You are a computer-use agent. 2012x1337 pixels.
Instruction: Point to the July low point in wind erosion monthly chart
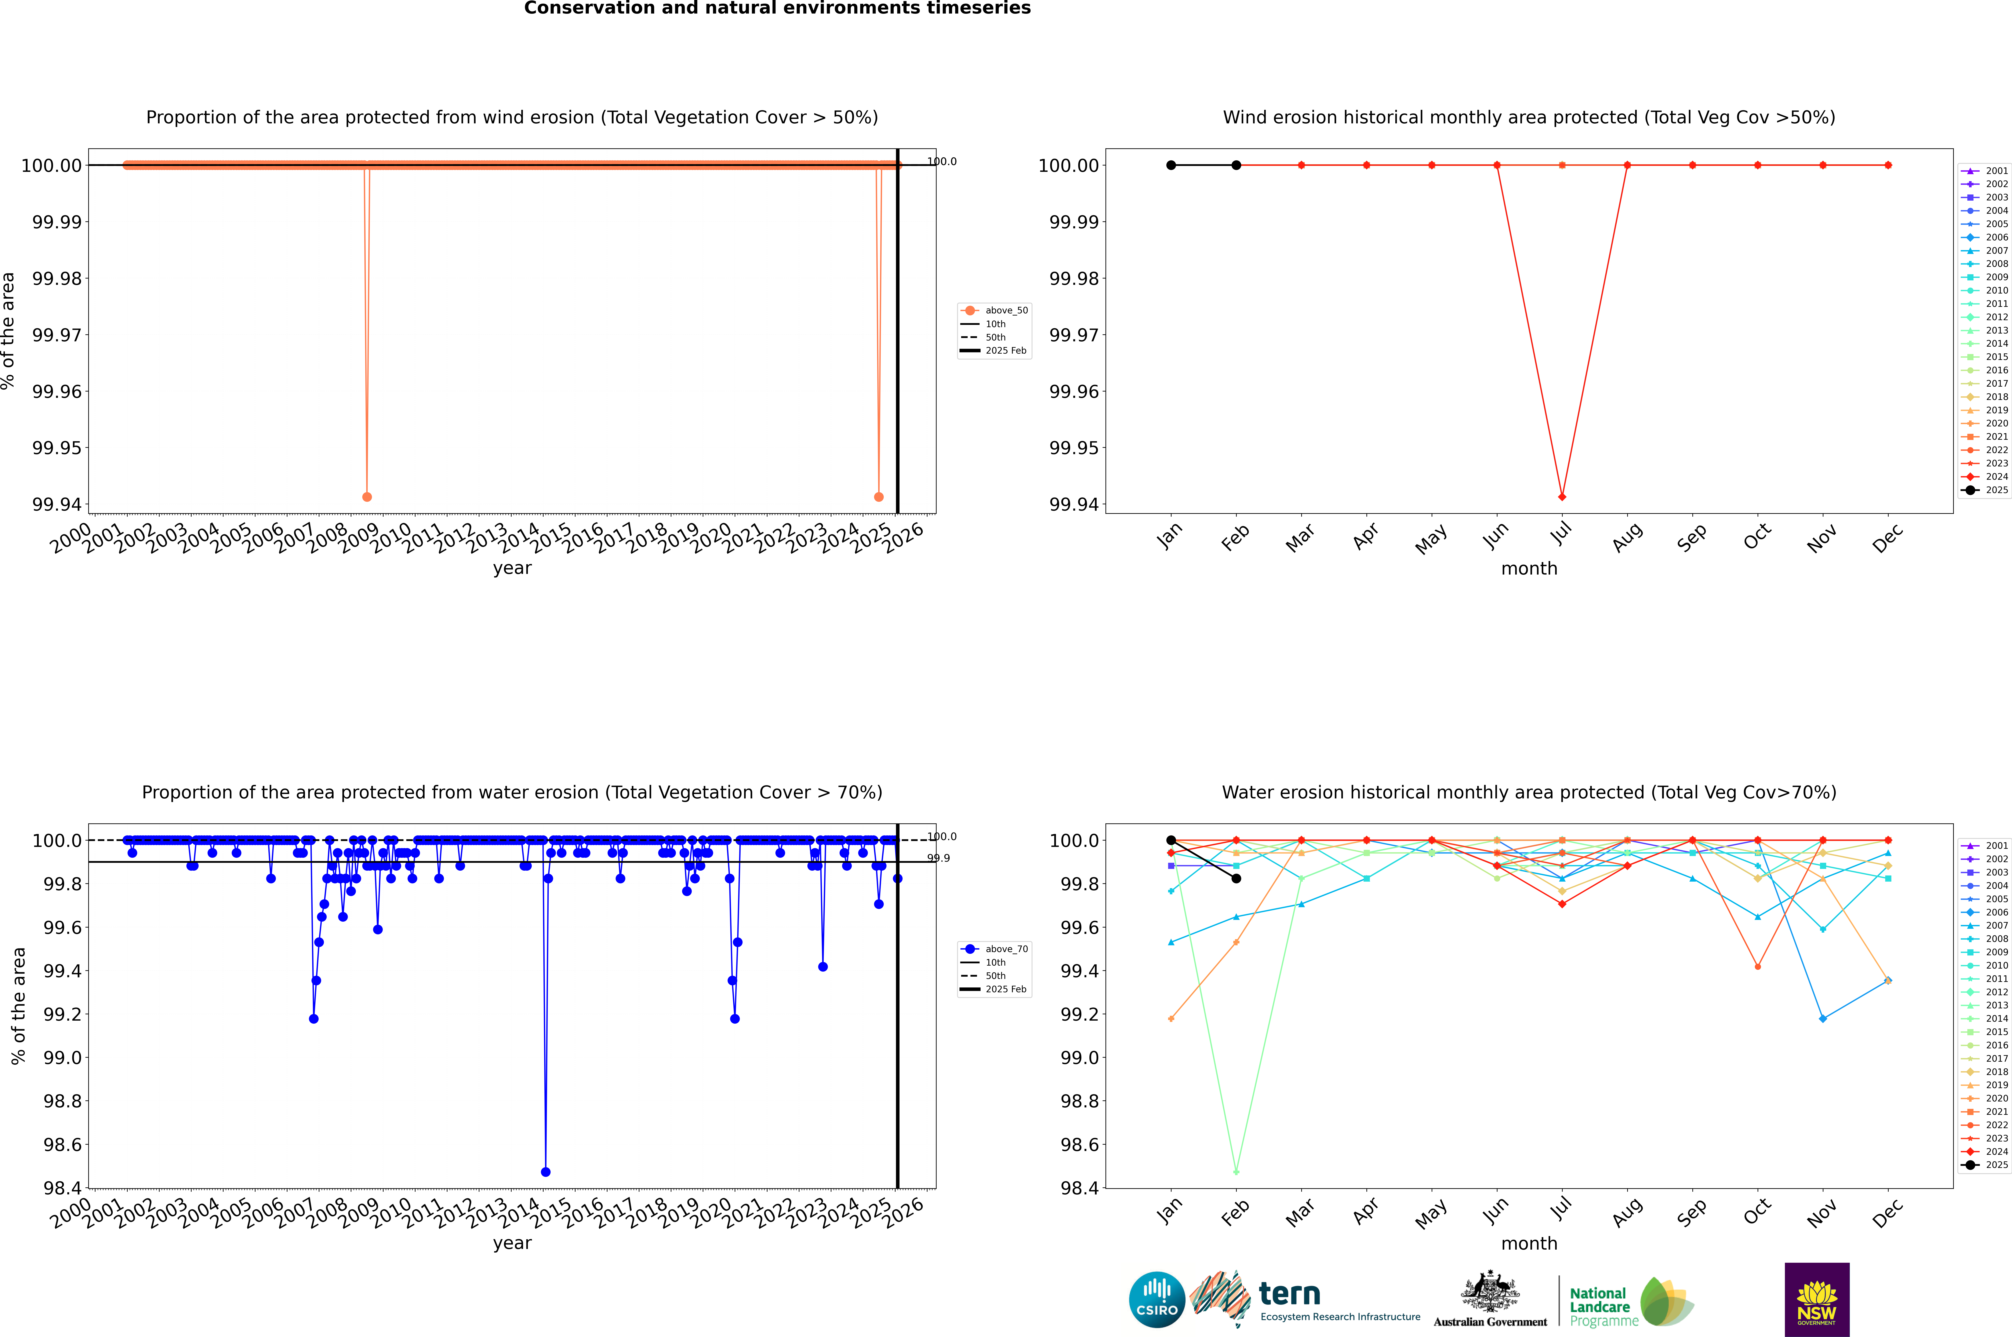(1562, 496)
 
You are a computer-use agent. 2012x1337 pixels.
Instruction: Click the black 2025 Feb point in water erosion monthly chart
(1236, 878)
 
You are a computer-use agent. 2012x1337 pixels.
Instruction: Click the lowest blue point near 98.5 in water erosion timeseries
(546, 1172)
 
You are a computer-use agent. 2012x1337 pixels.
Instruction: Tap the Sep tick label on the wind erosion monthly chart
(1691, 537)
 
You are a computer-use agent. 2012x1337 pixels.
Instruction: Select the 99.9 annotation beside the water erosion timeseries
(938, 859)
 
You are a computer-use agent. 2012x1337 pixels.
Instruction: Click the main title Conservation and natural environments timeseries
(777, 8)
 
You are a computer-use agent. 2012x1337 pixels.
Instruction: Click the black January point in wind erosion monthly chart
(1171, 165)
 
